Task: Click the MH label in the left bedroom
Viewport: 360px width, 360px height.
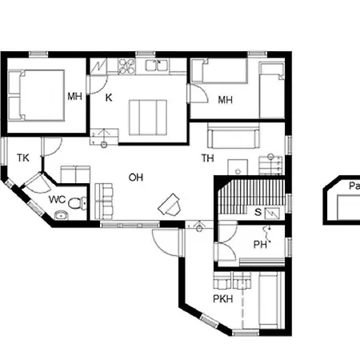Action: tap(74, 96)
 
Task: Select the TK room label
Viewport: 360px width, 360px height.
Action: tap(22, 158)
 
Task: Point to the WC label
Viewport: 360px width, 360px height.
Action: tap(57, 199)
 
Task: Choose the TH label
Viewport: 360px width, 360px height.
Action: tap(207, 158)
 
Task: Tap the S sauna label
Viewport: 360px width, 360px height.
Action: tap(258, 212)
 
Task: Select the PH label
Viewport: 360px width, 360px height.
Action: tap(260, 245)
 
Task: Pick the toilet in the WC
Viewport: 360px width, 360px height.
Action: tap(74, 204)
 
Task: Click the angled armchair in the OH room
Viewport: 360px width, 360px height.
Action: tap(170, 206)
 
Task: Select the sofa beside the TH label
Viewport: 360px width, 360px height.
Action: tap(232, 136)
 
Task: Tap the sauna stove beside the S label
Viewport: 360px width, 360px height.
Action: tap(273, 213)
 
